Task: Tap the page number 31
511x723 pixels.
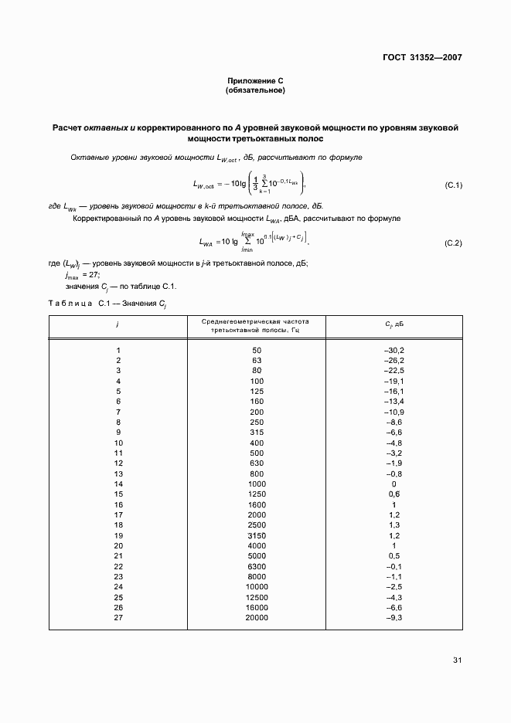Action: pos(457,660)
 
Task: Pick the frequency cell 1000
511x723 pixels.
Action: pos(257,484)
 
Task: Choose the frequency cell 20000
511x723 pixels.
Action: pos(257,618)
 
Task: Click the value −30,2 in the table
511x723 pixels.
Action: pos(393,350)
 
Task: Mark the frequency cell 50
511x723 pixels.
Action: pos(257,350)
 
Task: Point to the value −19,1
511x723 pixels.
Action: pos(393,381)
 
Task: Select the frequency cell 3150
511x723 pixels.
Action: pos(257,535)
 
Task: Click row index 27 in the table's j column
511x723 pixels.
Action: pos(118,618)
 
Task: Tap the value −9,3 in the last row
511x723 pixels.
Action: pos(393,618)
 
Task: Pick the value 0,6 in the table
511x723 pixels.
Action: pos(393,494)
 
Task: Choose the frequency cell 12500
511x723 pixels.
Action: pos(257,597)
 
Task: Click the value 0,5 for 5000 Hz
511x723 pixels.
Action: pos(393,556)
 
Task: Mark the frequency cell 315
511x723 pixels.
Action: pos(257,433)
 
